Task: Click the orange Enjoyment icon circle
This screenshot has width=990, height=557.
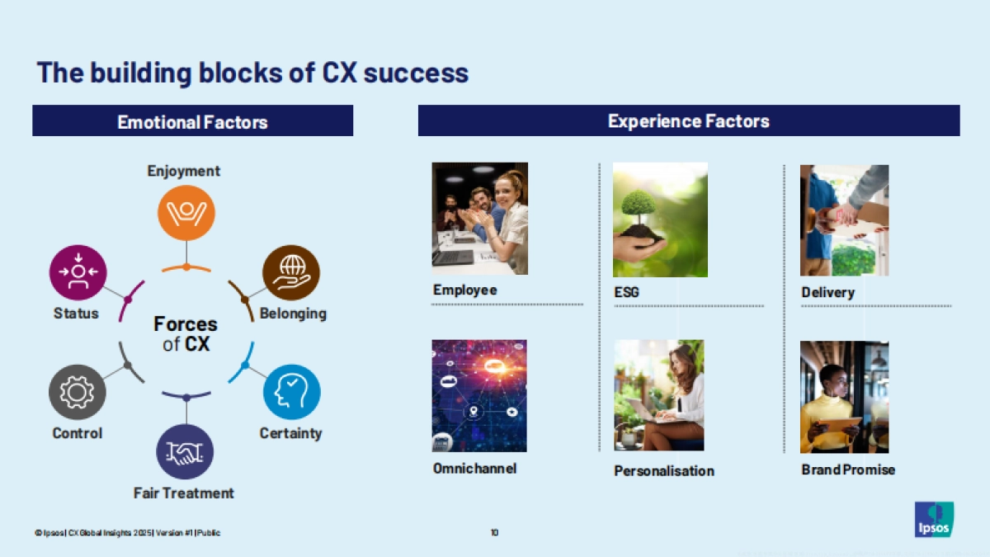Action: tap(186, 213)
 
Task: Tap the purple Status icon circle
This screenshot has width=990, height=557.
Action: tap(78, 272)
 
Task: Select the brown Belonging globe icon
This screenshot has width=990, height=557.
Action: tap(291, 272)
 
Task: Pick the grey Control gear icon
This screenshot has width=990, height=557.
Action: tap(78, 392)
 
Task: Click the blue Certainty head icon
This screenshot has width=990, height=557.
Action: tap(292, 392)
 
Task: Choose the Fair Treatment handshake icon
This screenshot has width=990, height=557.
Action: tap(185, 452)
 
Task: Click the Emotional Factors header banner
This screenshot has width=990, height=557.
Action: tap(193, 120)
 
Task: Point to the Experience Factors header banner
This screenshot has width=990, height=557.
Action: tap(689, 120)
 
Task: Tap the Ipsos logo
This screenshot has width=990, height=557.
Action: tap(934, 519)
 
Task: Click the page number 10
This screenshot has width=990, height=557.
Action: tap(494, 533)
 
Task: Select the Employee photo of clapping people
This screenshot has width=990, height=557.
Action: tap(480, 219)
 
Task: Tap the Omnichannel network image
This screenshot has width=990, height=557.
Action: tap(479, 395)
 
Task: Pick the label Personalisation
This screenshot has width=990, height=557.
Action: tap(664, 471)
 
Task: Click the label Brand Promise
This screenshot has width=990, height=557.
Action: tap(848, 470)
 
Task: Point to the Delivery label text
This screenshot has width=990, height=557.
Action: tap(828, 293)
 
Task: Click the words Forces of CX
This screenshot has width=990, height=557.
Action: tap(186, 334)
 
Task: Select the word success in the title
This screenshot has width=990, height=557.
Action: tap(416, 73)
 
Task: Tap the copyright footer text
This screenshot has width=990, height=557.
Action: tap(127, 533)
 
